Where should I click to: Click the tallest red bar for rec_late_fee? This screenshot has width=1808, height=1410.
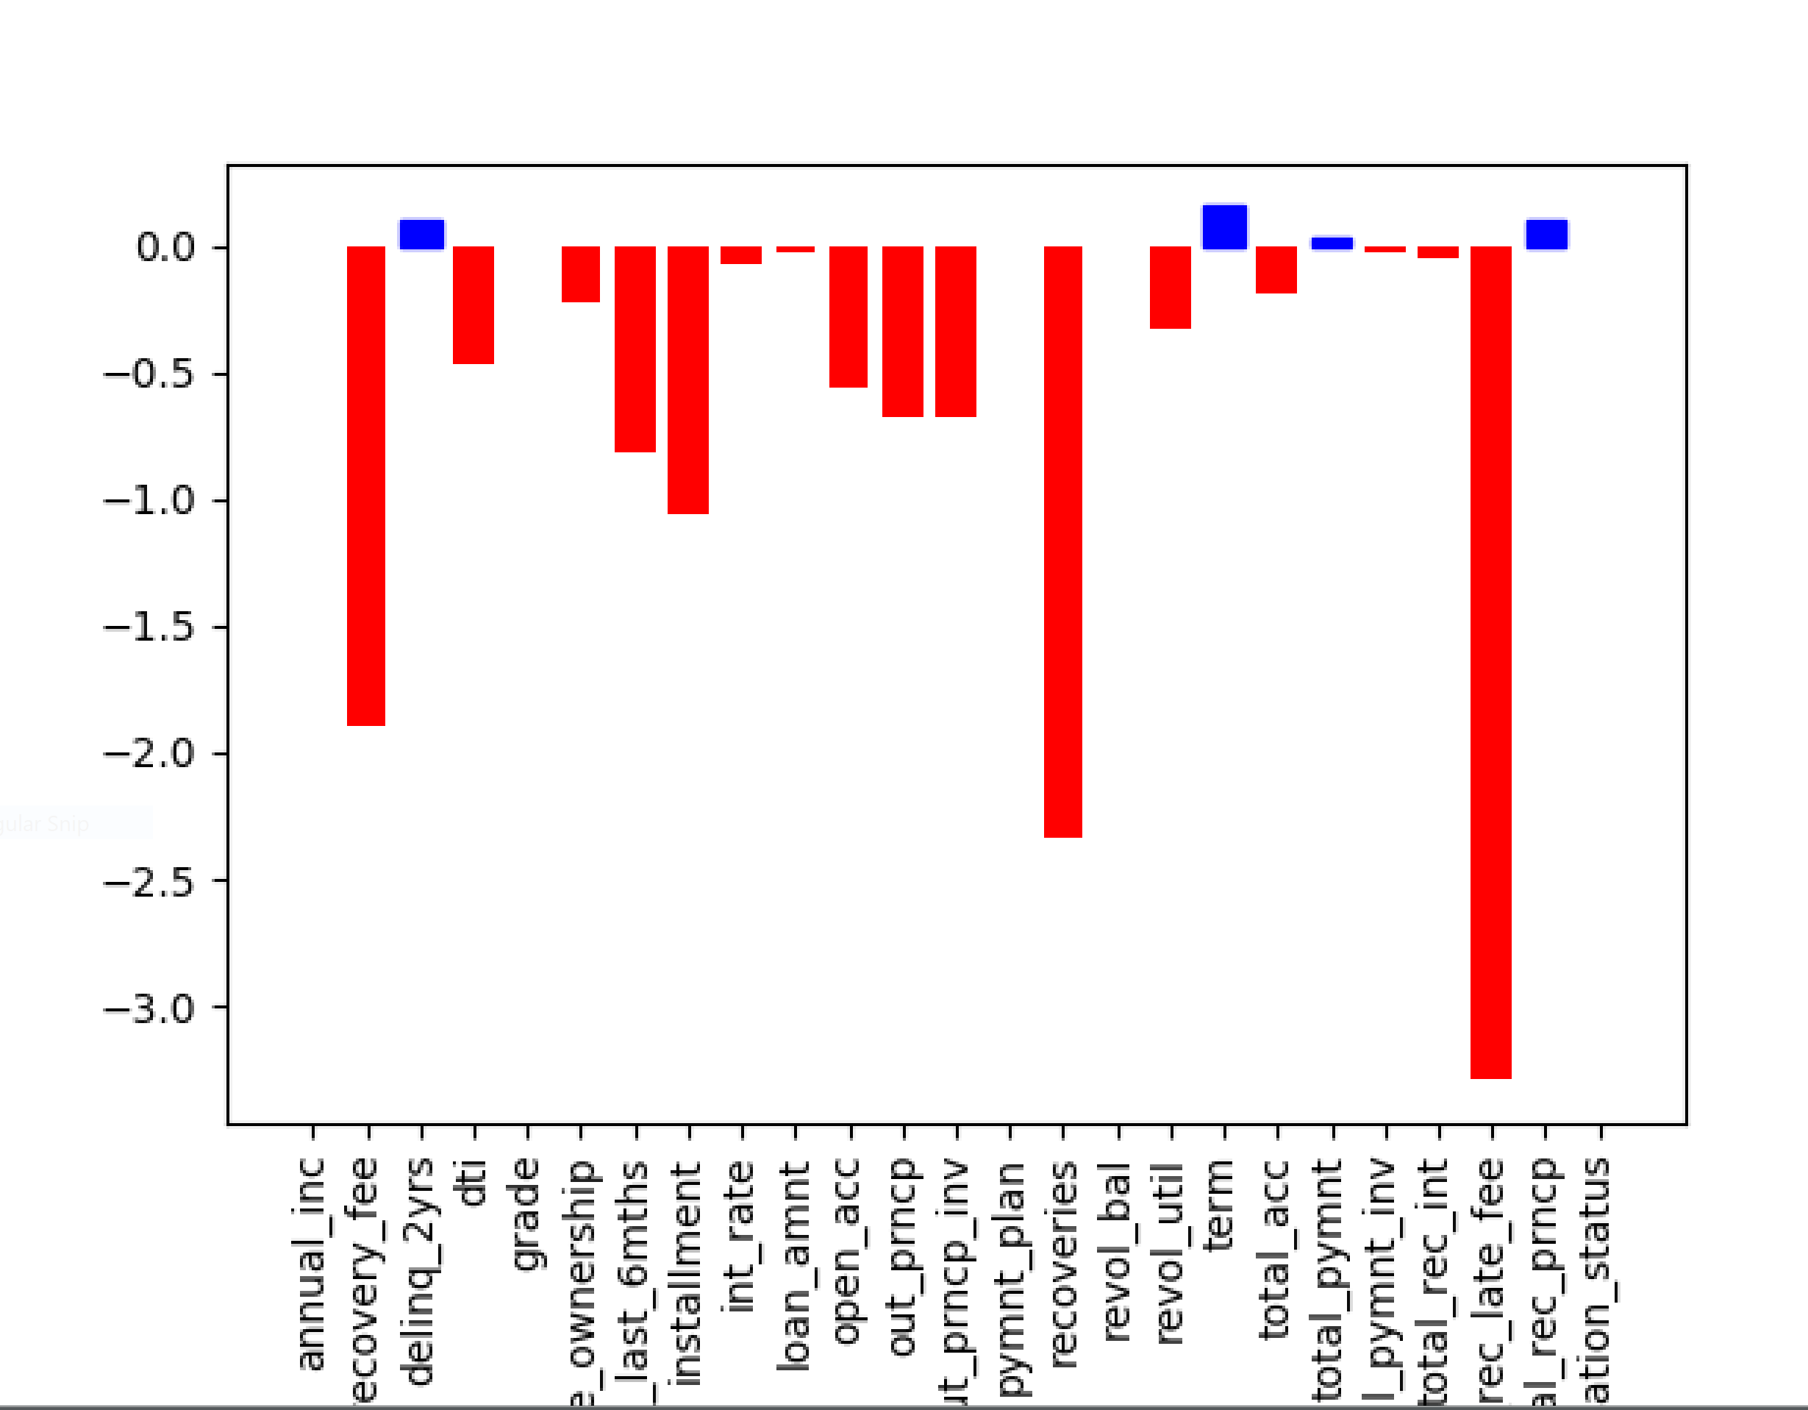[x=1490, y=663]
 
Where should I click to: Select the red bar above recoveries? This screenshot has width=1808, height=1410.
[x=1063, y=542]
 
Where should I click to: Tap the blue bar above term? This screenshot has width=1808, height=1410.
[x=1224, y=227]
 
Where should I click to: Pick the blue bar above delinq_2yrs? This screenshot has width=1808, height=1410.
[x=422, y=235]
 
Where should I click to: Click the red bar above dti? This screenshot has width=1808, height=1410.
[x=474, y=305]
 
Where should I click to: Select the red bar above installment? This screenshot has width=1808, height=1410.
[x=688, y=380]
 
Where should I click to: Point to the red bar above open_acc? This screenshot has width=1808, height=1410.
[x=848, y=316]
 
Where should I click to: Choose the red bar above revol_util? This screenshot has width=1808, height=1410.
[x=1171, y=288]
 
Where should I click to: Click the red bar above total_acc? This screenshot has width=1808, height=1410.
[x=1276, y=270]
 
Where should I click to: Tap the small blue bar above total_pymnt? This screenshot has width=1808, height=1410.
[x=1332, y=243]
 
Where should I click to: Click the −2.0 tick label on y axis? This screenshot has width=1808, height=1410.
[x=149, y=754]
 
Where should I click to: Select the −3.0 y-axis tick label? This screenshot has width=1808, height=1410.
[x=149, y=1008]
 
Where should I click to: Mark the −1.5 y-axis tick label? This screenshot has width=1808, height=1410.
[x=149, y=627]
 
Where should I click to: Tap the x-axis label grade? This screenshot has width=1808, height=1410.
[x=526, y=1215]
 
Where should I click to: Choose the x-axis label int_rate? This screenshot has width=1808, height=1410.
[x=740, y=1237]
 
